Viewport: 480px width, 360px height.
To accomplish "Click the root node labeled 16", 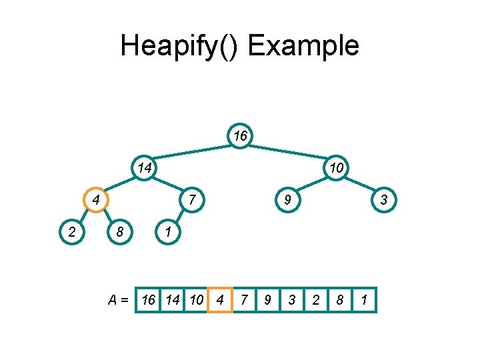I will pyautogui.click(x=240, y=136).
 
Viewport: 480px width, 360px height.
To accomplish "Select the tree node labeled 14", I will pyautogui.click(x=144, y=168).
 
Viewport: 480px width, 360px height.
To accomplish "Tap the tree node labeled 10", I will pyautogui.click(x=336, y=168).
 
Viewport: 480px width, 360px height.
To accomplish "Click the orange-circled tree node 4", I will pyautogui.click(x=96, y=200).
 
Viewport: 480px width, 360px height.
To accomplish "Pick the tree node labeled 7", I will pyautogui.click(x=192, y=200).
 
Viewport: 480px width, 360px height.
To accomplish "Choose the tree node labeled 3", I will pyautogui.click(x=384, y=200).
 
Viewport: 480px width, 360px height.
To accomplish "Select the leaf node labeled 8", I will pyautogui.click(x=120, y=232).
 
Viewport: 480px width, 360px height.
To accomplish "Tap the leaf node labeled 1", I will pyautogui.click(x=168, y=232).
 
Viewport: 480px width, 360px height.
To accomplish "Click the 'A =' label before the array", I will pyautogui.click(x=119, y=300).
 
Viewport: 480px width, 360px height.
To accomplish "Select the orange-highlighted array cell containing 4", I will pyautogui.click(x=220, y=300).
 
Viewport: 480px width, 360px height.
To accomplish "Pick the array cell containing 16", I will pyautogui.click(x=148, y=300).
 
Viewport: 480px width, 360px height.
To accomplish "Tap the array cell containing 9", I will pyautogui.click(x=267, y=300).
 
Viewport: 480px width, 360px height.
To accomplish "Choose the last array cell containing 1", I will pyautogui.click(x=364, y=300).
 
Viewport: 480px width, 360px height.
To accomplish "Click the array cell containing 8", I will pyautogui.click(x=340, y=300).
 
